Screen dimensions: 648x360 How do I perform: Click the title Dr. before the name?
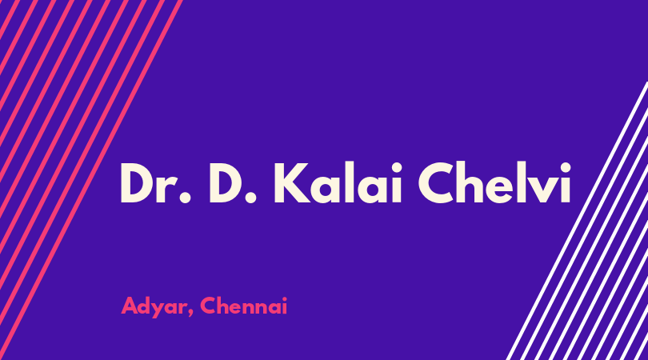click(x=155, y=182)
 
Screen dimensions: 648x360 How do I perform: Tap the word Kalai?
click(x=338, y=182)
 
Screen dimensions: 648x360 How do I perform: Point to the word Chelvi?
click(x=494, y=182)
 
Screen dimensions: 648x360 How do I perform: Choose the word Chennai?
click(x=243, y=306)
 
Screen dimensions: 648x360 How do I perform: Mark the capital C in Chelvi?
click(x=436, y=182)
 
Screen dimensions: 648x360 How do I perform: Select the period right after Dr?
click(x=186, y=198)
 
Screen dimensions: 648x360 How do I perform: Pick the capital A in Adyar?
click(x=130, y=306)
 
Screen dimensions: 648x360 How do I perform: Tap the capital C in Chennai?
click(x=208, y=306)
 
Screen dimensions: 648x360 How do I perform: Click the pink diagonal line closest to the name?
click(x=90, y=180)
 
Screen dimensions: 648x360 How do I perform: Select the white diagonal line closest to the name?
click(x=578, y=221)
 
